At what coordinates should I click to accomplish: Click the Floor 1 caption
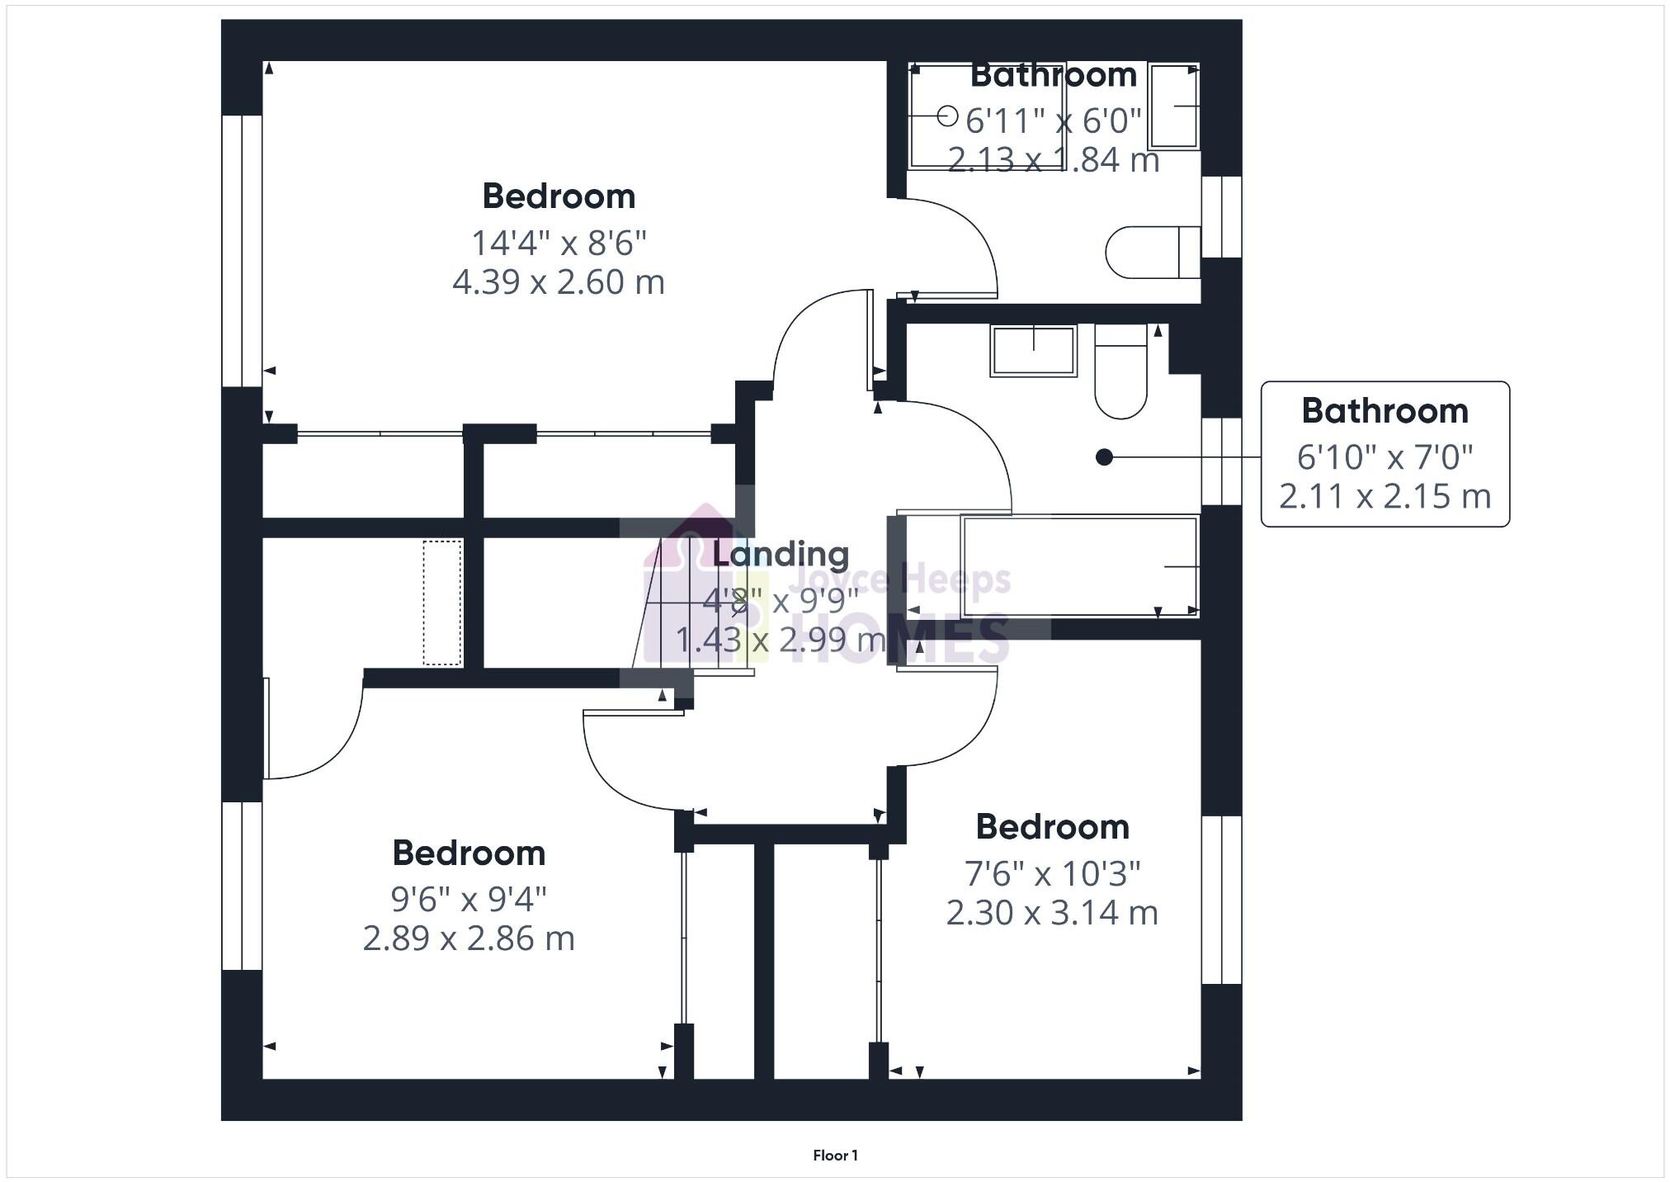835,1156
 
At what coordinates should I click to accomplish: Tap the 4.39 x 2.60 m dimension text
559,282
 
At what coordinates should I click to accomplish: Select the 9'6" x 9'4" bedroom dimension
469,899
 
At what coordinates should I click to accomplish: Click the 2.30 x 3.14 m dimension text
1052,913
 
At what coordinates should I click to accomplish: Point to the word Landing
780,554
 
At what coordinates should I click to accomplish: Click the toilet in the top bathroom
1152,252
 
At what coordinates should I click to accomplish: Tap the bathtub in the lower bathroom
1080,566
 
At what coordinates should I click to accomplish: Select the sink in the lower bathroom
1033,351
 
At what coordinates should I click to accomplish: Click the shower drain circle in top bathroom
948,116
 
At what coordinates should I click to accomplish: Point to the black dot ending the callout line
1104,456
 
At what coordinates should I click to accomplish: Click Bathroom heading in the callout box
1385,411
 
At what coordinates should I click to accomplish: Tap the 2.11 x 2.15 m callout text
1385,496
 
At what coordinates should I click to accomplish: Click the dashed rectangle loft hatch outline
442,603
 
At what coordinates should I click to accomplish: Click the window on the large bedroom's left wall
242,251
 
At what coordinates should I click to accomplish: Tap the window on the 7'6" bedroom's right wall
1221,900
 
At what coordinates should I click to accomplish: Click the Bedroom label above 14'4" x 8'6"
559,196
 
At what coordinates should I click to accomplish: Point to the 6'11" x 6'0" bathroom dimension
1053,121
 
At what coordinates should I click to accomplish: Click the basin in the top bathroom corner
1173,106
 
